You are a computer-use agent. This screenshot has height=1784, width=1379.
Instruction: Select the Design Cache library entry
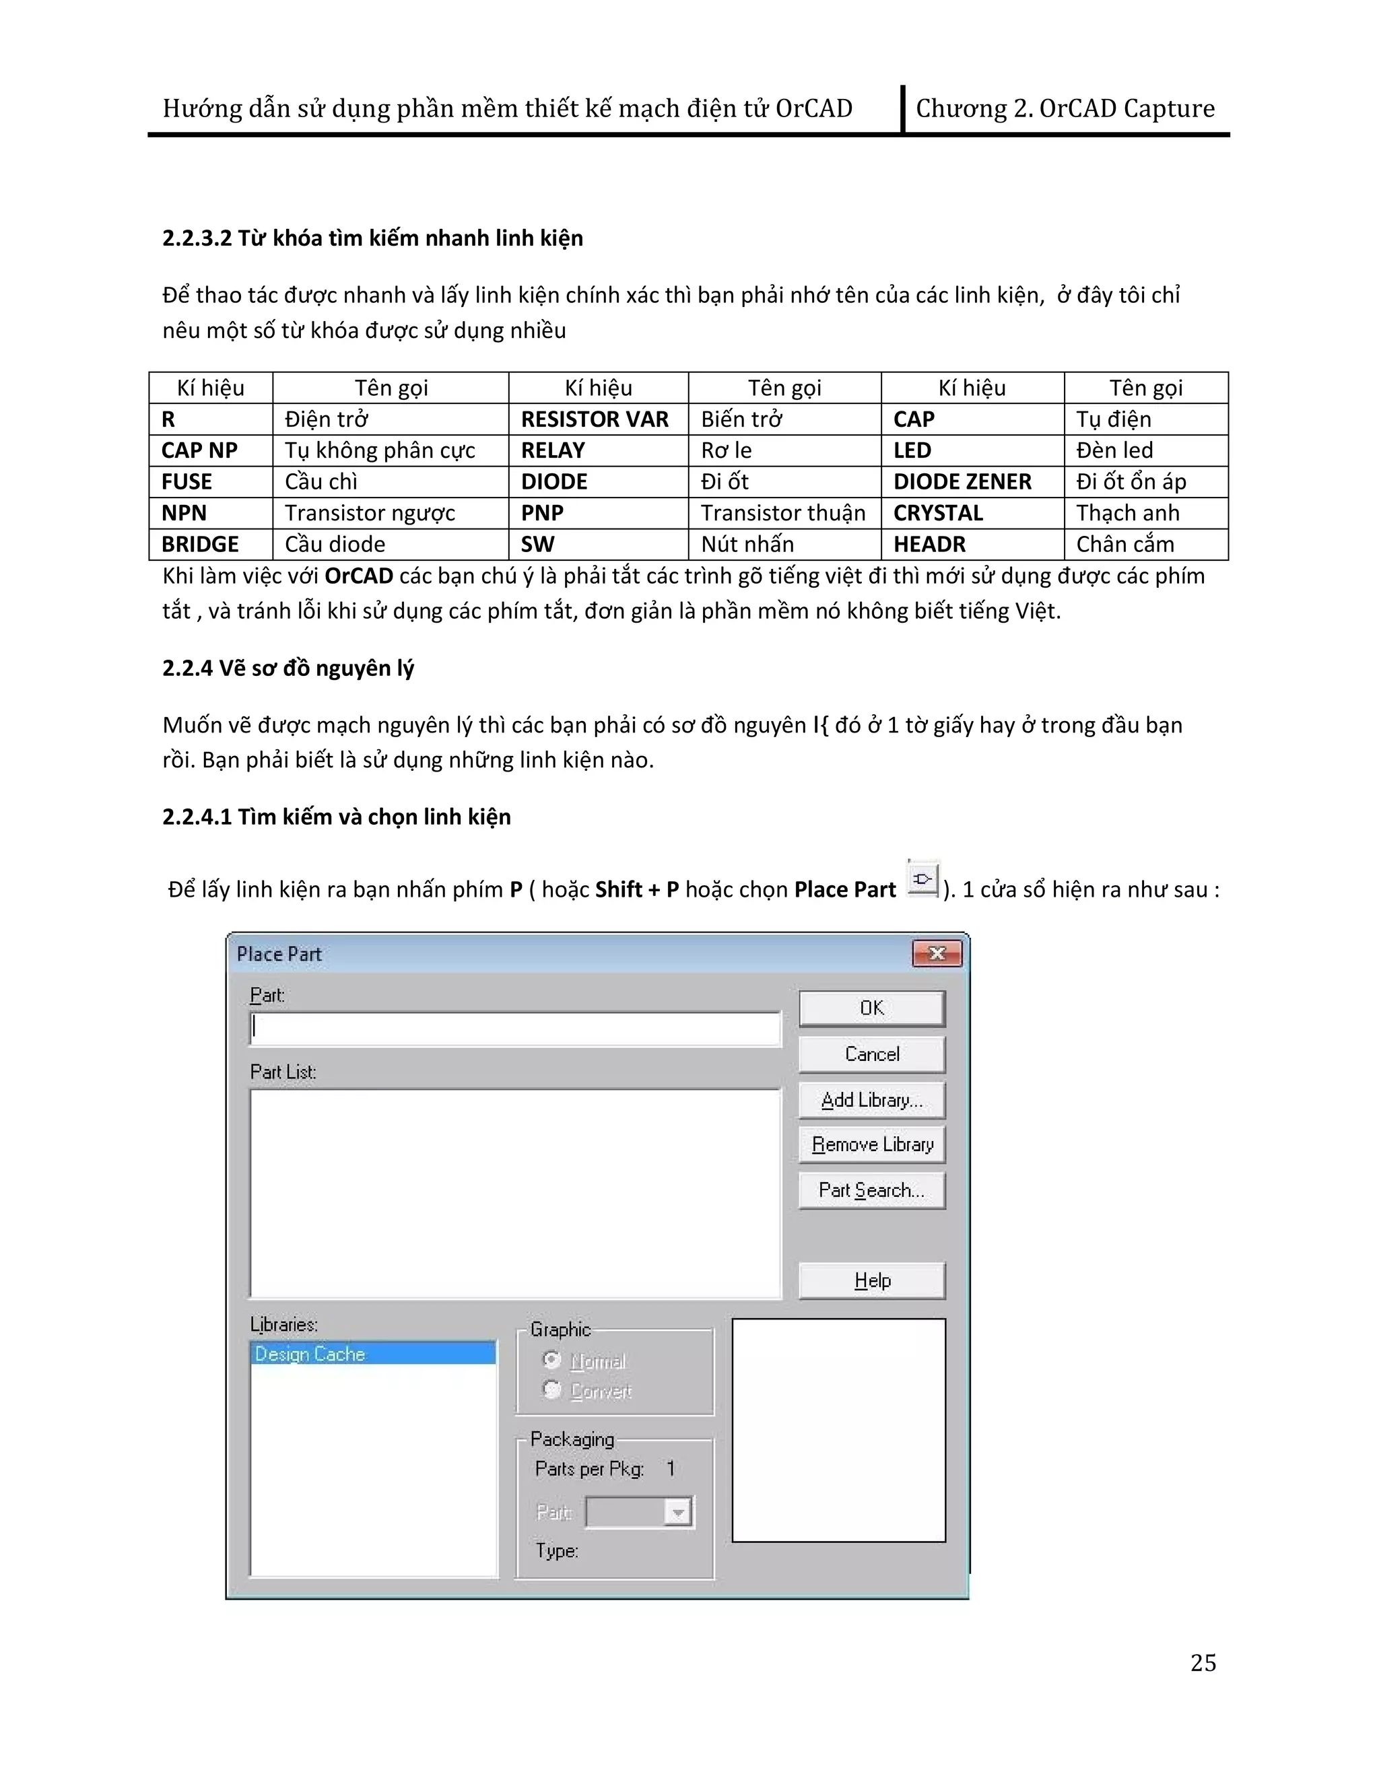tap(372, 1354)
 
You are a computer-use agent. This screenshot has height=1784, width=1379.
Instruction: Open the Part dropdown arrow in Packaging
tap(677, 1513)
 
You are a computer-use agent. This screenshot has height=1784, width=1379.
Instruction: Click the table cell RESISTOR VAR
tap(595, 419)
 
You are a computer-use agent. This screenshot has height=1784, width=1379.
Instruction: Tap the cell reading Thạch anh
tap(1127, 513)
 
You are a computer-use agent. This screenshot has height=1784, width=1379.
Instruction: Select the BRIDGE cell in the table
tap(200, 544)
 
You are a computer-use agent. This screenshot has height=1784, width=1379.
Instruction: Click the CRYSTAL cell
tap(938, 513)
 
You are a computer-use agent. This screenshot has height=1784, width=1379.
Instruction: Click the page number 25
tap(1203, 1662)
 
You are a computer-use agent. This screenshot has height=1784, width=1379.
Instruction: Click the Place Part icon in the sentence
tap(922, 880)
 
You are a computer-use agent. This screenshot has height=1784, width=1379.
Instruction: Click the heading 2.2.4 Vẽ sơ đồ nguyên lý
tap(288, 668)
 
